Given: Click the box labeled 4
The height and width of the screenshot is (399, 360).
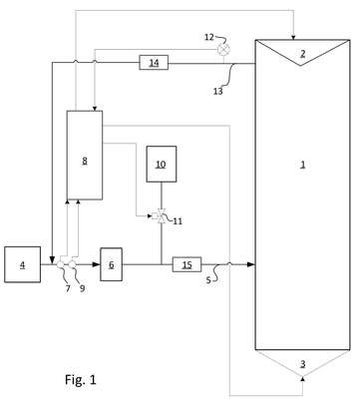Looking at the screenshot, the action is (23, 264).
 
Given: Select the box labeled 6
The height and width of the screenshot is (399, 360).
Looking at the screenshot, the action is (111, 264).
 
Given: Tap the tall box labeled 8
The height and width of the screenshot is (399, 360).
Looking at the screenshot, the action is (85, 156).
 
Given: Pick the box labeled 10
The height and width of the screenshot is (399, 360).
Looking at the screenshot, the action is (162, 164).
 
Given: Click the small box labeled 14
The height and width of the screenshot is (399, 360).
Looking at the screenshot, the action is (154, 63).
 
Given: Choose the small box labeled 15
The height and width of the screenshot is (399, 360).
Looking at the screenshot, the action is (186, 264).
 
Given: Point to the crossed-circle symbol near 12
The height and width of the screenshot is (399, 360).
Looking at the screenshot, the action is (223, 50).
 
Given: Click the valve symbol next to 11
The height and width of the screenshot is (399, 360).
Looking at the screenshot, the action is (160, 216).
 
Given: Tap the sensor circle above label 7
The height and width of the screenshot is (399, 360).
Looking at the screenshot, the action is (61, 264).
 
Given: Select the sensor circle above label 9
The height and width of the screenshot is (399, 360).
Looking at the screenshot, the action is (72, 264).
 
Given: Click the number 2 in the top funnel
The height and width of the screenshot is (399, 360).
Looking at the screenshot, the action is (302, 54).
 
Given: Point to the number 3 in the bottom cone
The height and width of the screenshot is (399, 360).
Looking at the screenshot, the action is (302, 364).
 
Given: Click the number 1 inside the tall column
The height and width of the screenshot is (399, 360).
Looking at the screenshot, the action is (302, 165).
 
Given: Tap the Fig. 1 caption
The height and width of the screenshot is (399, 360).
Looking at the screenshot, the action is (81, 379).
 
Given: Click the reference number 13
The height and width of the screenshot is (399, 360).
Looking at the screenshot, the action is (217, 91).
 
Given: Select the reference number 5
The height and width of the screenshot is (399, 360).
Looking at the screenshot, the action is (208, 280).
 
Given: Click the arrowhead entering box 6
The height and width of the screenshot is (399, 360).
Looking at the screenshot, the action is (97, 264).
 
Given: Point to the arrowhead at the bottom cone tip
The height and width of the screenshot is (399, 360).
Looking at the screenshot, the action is (302, 378).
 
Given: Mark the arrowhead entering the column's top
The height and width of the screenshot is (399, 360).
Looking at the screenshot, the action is (293, 38).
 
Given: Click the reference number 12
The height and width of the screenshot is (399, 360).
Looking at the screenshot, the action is (209, 37).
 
